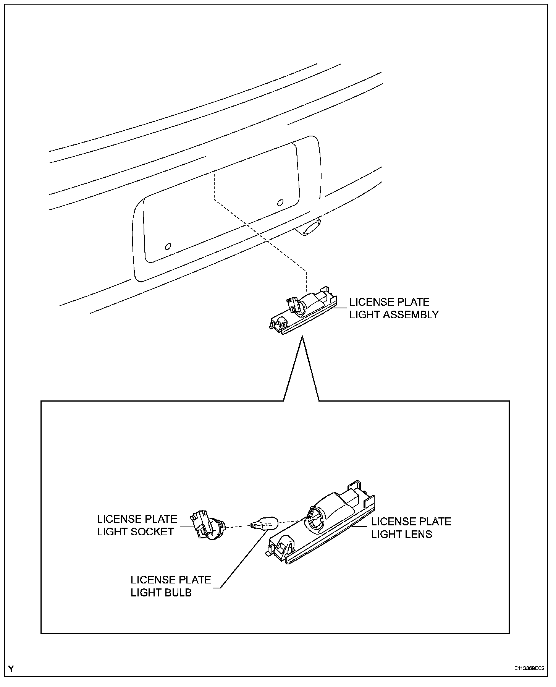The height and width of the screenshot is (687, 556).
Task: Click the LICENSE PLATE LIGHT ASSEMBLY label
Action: point(394,308)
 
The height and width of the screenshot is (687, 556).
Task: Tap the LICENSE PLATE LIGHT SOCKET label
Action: point(137,525)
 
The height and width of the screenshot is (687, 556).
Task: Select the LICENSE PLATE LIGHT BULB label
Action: point(170,586)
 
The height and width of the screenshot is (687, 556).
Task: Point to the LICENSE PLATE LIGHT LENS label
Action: point(411,527)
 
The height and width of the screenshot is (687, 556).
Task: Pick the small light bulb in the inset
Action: point(265,522)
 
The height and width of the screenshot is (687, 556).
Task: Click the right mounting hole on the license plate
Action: point(280,202)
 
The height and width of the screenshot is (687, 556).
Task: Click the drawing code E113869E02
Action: point(529,669)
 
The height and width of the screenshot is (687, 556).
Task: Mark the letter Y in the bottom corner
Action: point(11,669)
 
